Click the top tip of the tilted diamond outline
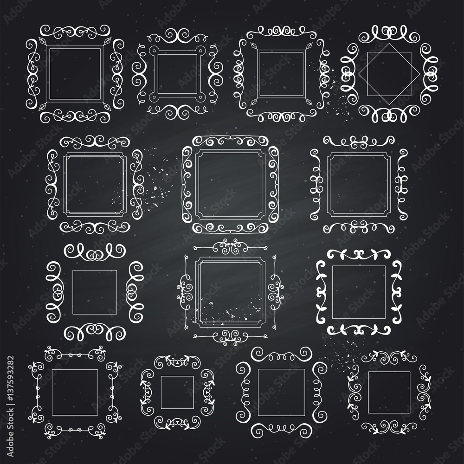pyautogui.click(x=389, y=44)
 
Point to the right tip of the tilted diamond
pyautogui.click(x=420, y=74)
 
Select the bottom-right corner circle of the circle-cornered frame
pyautogui.click(x=201, y=97)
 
